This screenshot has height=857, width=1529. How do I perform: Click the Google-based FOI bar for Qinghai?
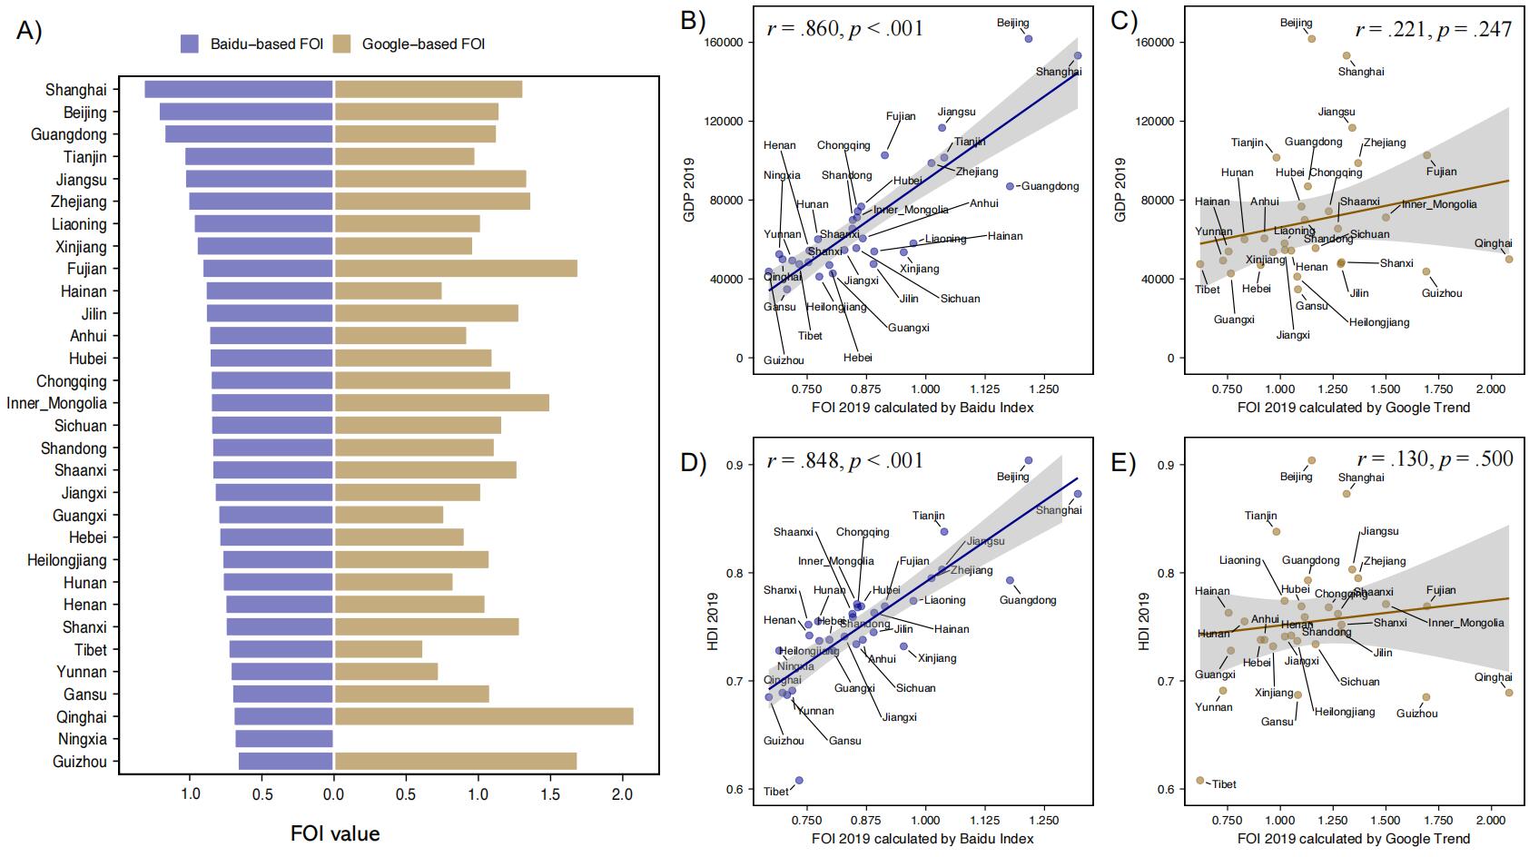pos(483,717)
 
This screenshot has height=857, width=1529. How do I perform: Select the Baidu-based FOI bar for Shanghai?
pos(239,89)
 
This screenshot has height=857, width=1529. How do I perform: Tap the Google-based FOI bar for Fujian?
pos(456,269)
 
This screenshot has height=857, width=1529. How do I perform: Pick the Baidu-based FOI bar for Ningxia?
pos(284,739)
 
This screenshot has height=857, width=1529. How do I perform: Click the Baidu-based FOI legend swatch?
pos(190,44)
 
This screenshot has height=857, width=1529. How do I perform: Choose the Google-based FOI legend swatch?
pos(342,44)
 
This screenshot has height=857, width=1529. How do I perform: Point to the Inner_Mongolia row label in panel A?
pos(56,403)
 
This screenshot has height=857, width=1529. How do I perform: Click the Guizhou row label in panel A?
pos(80,762)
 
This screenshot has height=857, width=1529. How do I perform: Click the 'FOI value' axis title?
pos(335,833)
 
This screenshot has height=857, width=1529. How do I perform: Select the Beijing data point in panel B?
pos(1029,39)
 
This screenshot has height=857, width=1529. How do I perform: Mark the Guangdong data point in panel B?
pos(1010,186)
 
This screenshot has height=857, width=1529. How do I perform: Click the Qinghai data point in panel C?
pos(1509,259)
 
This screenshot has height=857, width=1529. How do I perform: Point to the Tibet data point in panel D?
pos(799,780)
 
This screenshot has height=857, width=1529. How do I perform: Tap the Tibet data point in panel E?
pos(1200,780)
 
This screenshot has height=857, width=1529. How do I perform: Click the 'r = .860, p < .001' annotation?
pos(844,29)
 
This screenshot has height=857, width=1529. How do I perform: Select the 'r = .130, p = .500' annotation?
pos(1435,458)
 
